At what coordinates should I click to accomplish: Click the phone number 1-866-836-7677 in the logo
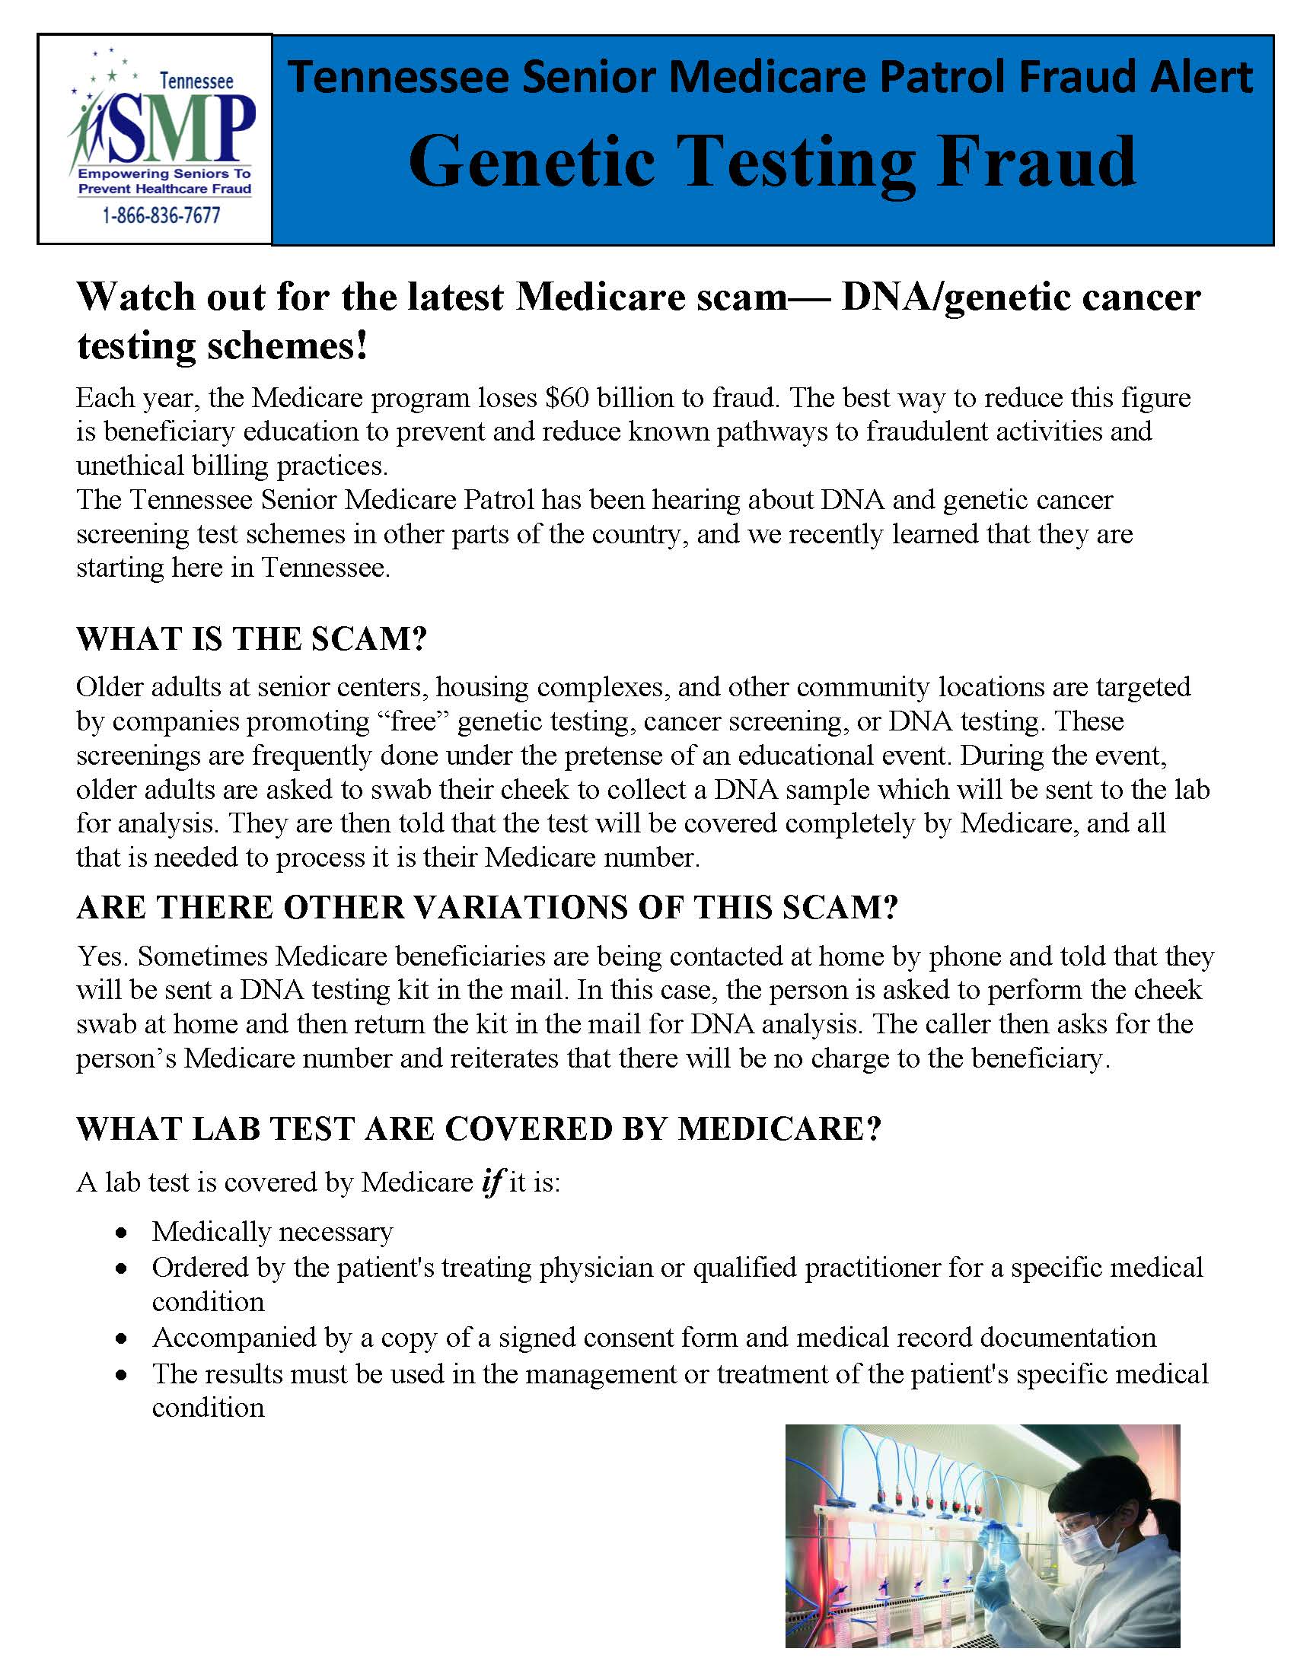[161, 216]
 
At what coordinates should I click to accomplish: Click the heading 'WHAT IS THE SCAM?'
[251, 638]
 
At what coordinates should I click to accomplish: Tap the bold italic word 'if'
[491, 1182]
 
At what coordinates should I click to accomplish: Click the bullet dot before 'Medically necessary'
[120, 1233]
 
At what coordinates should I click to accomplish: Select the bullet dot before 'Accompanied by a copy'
[120, 1339]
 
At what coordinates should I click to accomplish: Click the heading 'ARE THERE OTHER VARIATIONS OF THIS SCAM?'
[487, 908]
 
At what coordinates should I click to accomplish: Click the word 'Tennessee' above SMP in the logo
[196, 81]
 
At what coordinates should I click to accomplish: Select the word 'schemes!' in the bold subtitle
[288, 345]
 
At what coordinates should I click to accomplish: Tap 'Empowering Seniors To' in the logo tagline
[165, 174]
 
